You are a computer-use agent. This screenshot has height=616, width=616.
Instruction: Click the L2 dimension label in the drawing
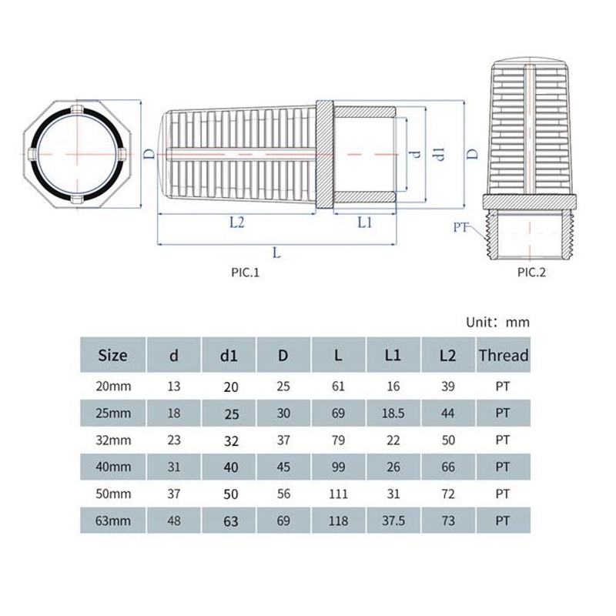tap(237, 223)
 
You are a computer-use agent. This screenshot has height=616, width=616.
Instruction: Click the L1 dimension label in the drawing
tap(364, 223)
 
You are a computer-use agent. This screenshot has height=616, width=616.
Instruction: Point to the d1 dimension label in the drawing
tap(439, 155)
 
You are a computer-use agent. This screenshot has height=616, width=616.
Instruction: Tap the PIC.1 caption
tap(245, 273)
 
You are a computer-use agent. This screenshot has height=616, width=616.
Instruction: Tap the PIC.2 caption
tap(531, 273)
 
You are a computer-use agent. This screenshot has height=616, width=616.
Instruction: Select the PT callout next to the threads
tap(460, 227)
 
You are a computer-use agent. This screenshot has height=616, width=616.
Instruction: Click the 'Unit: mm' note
tap(497, 322)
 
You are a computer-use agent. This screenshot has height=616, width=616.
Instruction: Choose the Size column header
tap(112, 355)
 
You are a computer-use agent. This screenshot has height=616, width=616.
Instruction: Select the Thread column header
tap(504, 355)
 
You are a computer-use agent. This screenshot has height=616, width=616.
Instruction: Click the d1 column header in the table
tap(229, 356)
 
